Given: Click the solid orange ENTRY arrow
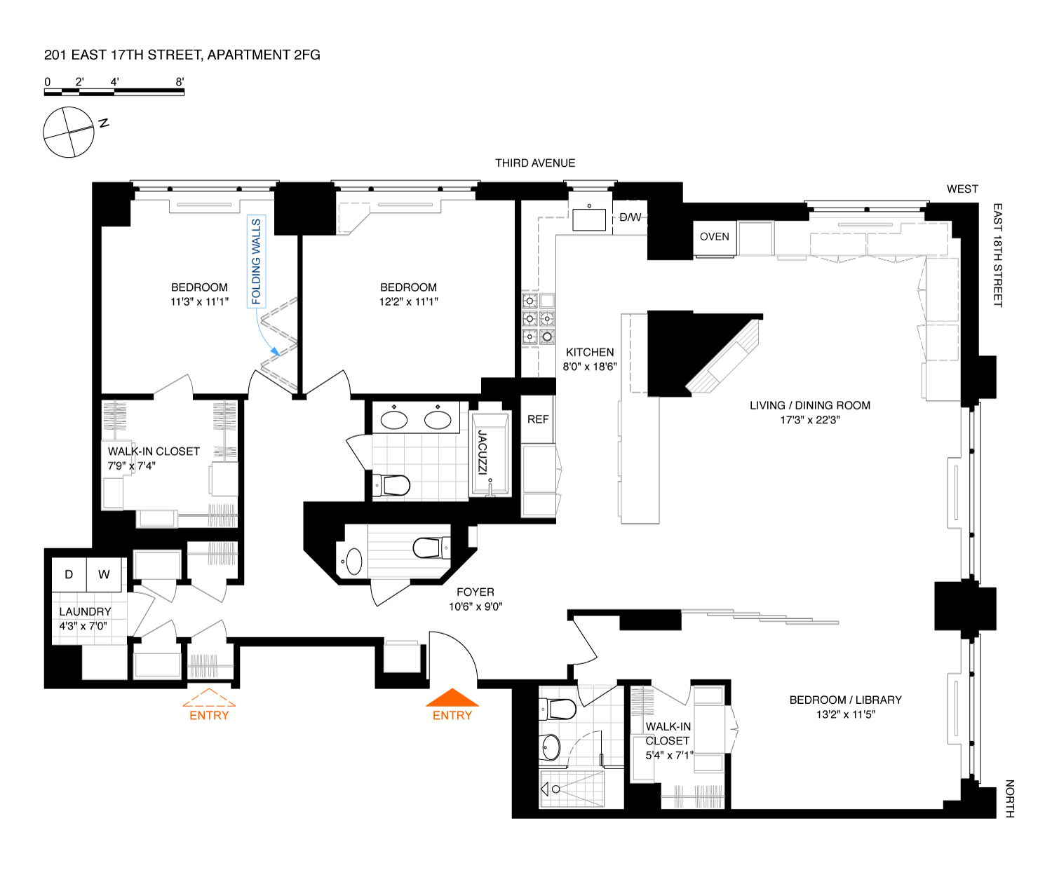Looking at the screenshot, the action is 452,698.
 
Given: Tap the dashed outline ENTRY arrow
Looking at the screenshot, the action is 208,698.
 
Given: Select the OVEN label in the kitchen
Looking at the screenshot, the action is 715,237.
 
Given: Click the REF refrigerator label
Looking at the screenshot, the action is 538,419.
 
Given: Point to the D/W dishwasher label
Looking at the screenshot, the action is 630,217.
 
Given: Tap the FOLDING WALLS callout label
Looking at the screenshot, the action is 256,261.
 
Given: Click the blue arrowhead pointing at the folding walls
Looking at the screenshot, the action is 275,351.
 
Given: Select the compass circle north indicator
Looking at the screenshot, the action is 69,132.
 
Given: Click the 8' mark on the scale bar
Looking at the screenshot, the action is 180,81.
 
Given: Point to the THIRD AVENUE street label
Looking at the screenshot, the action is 535,163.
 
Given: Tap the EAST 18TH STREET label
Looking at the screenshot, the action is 997,255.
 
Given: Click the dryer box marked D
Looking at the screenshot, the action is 69,574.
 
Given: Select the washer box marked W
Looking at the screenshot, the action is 104,574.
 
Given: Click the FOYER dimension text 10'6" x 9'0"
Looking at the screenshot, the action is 476,606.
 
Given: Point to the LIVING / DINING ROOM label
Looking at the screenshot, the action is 809,405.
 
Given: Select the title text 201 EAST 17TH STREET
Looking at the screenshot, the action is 123,55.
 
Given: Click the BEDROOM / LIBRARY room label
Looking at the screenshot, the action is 845,700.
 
